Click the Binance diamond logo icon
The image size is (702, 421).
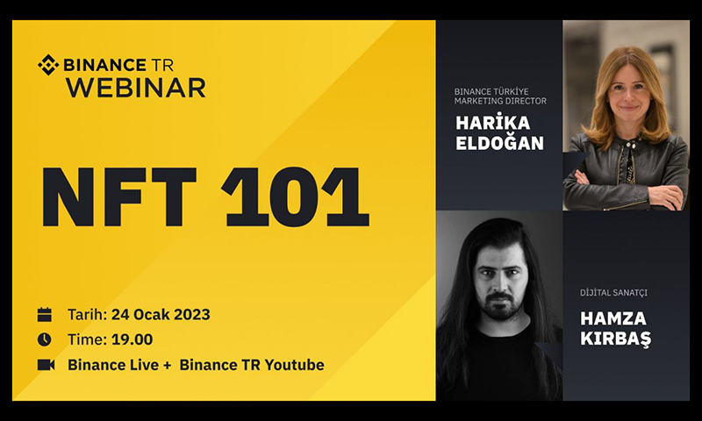pos(48,65)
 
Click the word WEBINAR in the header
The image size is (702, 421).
pos(136,88)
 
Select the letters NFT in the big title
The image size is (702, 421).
pos(119,196)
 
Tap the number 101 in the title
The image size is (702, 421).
pos(296,196)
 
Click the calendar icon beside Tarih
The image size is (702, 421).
pos(45,315)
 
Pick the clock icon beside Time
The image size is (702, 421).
pos(45,339)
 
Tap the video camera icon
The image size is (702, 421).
pos(46,365)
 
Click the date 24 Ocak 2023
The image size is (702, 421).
pos(161,315)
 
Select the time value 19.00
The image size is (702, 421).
pos(133,339)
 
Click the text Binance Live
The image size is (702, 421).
pos(113,365)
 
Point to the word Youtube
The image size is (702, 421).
pos(295,365)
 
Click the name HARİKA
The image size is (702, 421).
pos(493,122)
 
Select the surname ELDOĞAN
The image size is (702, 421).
pos(499,143)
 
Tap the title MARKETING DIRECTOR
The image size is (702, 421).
pos(500,101)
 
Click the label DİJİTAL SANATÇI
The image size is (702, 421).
pos(613,293)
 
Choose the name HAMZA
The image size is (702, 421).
pos(613,318)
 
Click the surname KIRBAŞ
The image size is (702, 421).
pos(616,339)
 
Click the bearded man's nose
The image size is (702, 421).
pos(498,283)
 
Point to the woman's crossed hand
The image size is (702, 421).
pos(667,196)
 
